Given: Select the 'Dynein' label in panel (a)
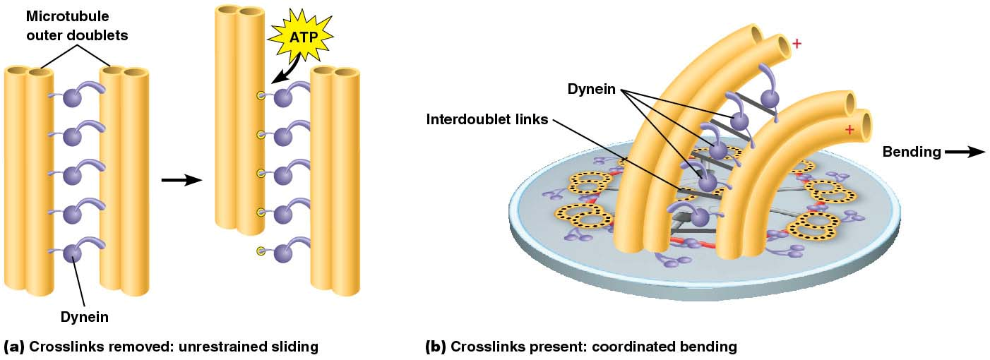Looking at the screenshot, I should (84, 316).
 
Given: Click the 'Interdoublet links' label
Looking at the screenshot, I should (487, 119).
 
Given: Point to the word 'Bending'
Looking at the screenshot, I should (912, 152).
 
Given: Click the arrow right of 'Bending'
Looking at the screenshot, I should (965, 152).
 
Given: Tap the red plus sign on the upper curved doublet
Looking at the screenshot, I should (797, 44).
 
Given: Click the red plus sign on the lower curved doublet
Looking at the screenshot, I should (849, 130).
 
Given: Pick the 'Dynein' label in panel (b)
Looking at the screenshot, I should (592, 89).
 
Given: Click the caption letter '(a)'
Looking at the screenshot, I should (14, 347).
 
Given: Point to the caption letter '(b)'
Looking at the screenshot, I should (435, 347).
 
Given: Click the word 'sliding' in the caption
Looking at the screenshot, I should (295, 347).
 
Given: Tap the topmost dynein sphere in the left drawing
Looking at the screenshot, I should (73, 97).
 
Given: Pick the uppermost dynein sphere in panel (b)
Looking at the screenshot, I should (770, 98).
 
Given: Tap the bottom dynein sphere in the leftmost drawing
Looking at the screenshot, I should (72, 253).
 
